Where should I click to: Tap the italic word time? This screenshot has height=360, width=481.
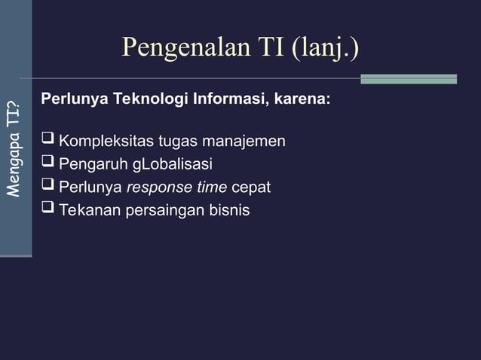point(210,187)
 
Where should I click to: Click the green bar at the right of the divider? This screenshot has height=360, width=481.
point(408,78)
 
